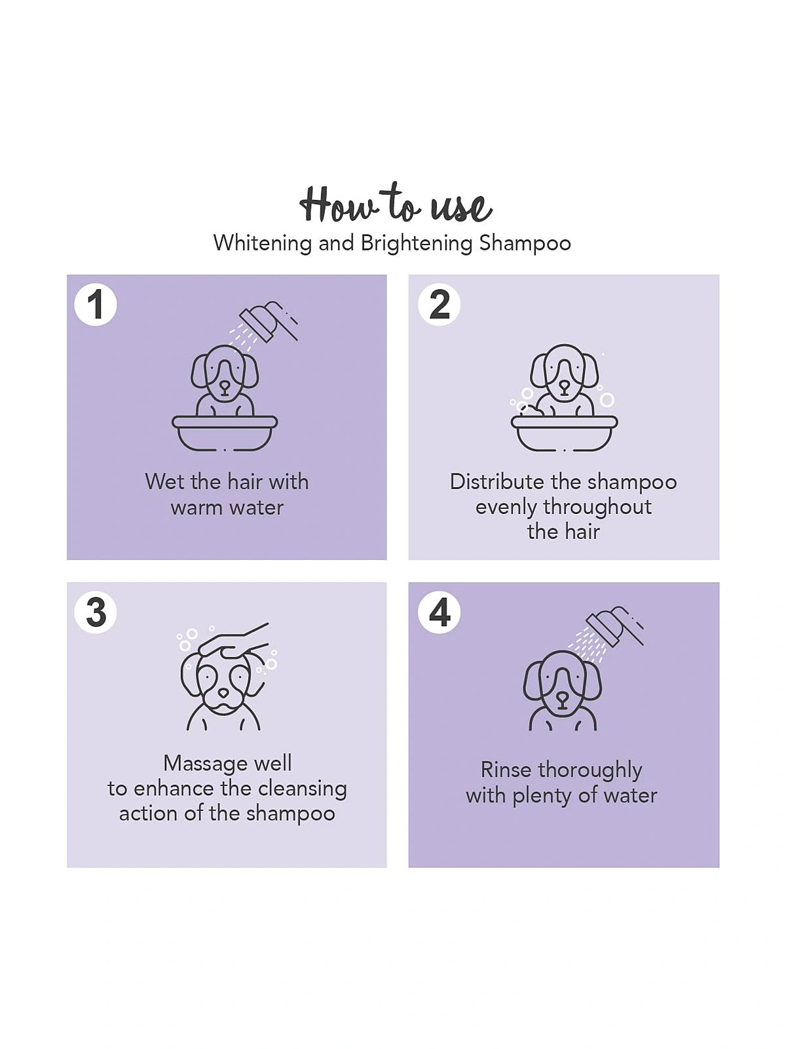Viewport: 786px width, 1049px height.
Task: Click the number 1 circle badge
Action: coord(96,305)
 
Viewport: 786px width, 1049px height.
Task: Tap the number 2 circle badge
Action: coord(439,305)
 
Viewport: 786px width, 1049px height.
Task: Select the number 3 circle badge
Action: coord(96,612)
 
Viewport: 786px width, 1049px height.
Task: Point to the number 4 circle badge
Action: coord(439,612)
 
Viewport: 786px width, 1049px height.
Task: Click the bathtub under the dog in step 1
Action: coord(225,433)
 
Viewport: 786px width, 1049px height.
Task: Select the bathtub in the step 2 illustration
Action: coord(564,433)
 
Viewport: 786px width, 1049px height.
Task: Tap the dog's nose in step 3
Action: coord(223,692)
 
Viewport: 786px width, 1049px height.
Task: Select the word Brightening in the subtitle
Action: coord(417,243)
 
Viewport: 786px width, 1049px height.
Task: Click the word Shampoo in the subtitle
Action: coord(525,243)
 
